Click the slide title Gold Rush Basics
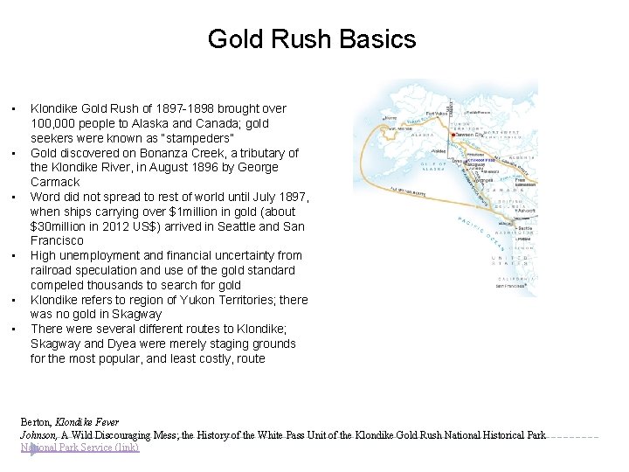click(312, 39)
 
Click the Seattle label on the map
click(525, 228)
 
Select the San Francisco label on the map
click(510, 286)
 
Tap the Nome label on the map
click(391, 119)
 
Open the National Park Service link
click(79, 448)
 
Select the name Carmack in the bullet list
click(55, 182)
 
